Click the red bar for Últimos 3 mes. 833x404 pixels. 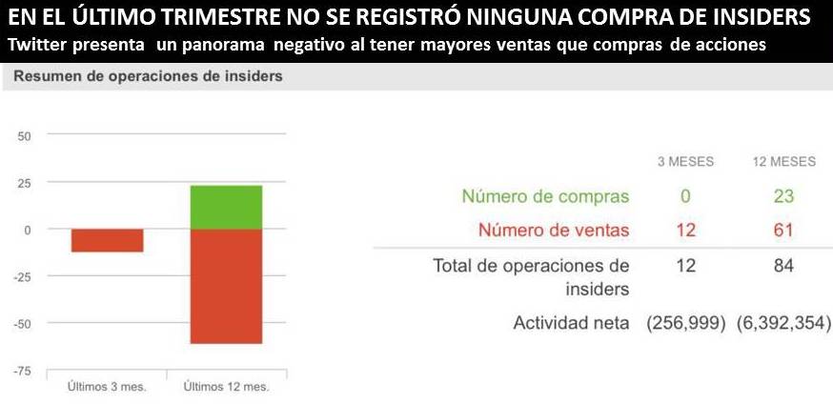coord(107,240)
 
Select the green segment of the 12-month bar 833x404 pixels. coord(226,207)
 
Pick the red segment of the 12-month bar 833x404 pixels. coord(226,286)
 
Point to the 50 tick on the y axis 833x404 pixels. coord(25,135)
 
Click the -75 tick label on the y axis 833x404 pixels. coord(23,371)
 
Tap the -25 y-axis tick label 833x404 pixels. coord(23,276)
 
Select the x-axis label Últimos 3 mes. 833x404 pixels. coord(106,387)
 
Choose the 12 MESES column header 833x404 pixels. coord(784,162)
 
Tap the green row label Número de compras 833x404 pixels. coord(545,197)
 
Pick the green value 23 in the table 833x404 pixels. coord(784,197)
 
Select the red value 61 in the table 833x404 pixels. coord(784,230)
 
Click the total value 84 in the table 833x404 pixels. coord(784,266)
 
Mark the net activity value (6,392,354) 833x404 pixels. coord(784,323)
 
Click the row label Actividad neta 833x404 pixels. coord(571,323)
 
